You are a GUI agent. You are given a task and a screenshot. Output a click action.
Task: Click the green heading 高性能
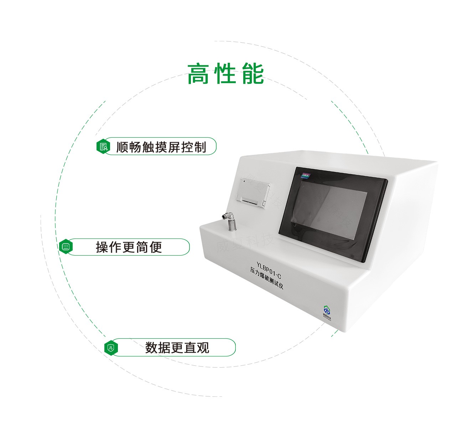click(x=225, y=74)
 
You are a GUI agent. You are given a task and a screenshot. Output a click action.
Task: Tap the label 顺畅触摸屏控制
click(x=161, y=147)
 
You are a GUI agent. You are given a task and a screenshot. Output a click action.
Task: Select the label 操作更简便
click(x=129, y=247)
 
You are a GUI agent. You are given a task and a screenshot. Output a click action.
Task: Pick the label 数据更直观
click(x=177, y=348)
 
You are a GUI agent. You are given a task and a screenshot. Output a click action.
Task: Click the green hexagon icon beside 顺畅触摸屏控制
click(x=103, y=147)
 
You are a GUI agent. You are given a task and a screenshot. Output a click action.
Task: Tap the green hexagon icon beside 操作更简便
click(x=66, y=247)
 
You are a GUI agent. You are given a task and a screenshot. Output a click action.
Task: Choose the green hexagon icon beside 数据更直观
click(x=111, y=348)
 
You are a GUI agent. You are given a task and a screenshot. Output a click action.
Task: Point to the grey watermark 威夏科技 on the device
click(x=246, y=242)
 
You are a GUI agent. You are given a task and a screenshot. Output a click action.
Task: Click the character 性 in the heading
click(x=226, y=74)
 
